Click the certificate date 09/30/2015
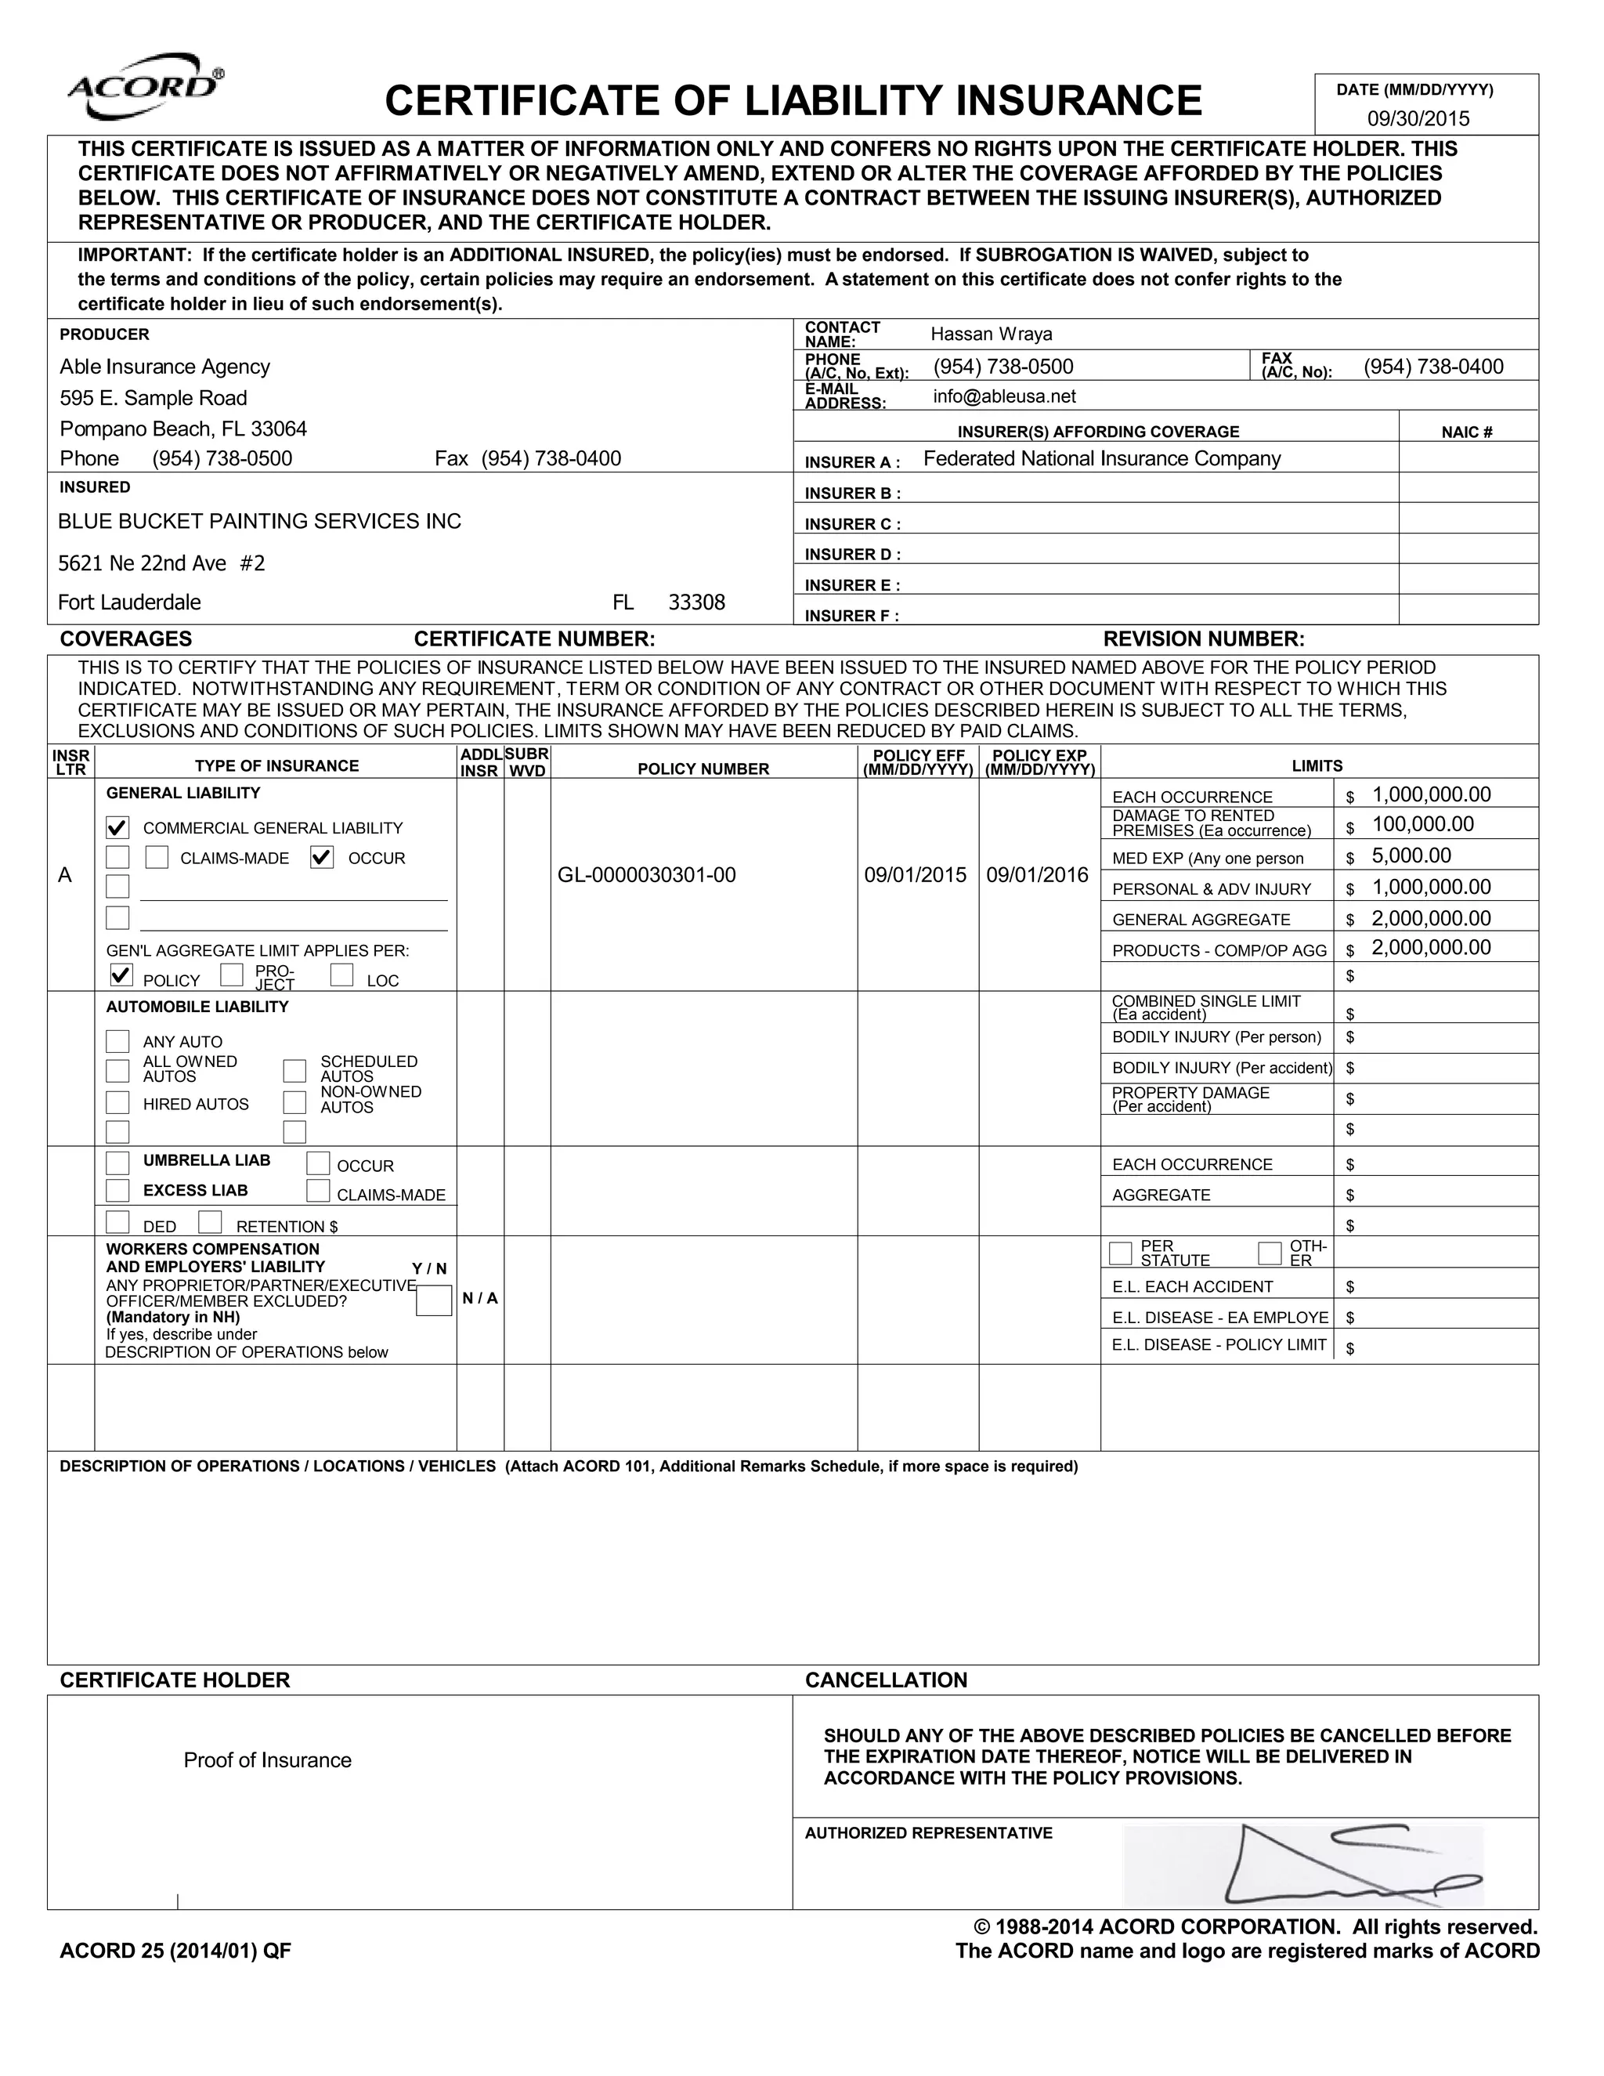pyautogui.click(x=1418, y=119)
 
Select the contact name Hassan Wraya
pyautogui.click(x=991, y=334)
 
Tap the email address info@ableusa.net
pyautogui.click(x=1004, y=396)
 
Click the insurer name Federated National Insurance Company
pyautogui.click(x=1101, y=459)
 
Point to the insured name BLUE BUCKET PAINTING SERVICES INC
pyautogui.click(x=259, y=521)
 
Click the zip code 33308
pyautogui.click(x=696, y=602)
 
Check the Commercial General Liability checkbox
pyautogui.click(x=117, y=828)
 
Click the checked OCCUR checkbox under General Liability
pyautogui.click(x=322, y=857)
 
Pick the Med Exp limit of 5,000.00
pyautogui.click(x=1411, y=855)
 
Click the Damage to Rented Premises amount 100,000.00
pyautogui.click(x=1422, y=825)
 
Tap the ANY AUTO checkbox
pyautogui.click(x=117, y=1041)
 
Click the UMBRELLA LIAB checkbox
pyautogui.click(x=117, y=1163)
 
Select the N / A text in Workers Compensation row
pyautogui.click(x=480, y=1298)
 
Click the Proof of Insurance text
pyautogui.click(x=267, y=1760)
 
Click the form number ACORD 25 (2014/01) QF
pyautogui.click(x=175, y=1951)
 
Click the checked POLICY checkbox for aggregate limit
pyautogui.click(x=121, y=975)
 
